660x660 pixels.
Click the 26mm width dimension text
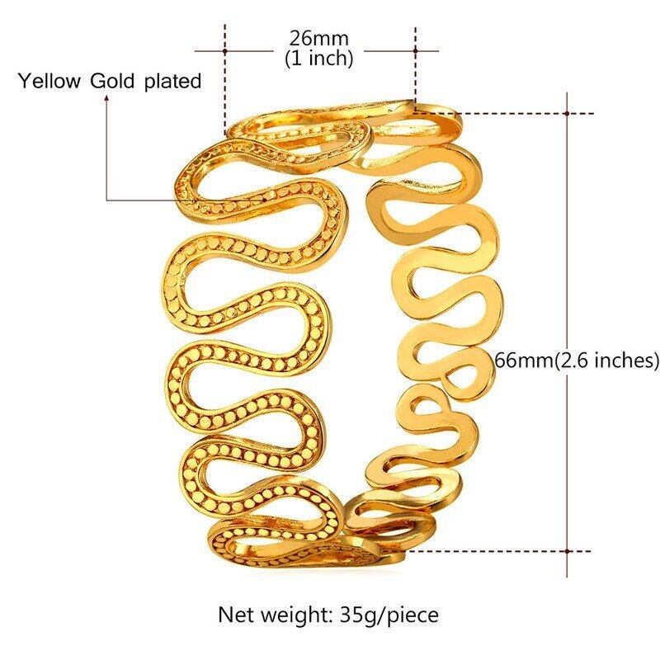coord(318,38)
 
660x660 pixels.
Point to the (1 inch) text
coord(318,58)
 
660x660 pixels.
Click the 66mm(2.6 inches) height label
coord(577,360)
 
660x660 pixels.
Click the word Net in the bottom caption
coord(234,615)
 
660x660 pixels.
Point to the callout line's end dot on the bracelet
coord(263,199)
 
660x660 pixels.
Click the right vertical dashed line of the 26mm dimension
coord(415,66)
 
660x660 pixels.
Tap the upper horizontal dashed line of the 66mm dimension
coord(511,113)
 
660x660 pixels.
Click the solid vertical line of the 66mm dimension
coord(568,247)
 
